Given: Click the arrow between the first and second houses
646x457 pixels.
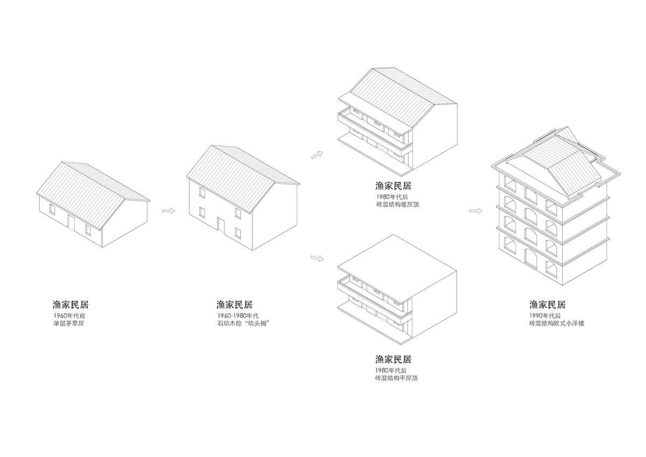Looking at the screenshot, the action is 168,211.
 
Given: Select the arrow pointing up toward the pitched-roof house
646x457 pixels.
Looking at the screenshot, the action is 317,155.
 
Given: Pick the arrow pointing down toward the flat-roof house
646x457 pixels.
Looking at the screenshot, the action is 317,258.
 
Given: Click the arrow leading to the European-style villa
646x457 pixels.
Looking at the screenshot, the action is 475,211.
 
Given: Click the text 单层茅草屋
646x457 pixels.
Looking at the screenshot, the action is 68,323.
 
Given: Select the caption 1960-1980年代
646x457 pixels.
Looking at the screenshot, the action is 238,315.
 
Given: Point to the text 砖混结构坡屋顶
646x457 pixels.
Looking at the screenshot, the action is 397,205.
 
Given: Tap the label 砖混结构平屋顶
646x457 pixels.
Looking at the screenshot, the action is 397,378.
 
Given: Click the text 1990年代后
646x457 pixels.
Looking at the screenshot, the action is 545,315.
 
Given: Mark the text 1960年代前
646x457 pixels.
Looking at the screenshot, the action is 69,315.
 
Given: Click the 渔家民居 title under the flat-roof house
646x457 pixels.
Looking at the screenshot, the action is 393,359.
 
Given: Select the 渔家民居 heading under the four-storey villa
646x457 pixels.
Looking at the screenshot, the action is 547,305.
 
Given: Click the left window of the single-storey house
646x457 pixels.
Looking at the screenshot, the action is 52,209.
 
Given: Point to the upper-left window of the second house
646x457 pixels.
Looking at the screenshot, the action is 202,193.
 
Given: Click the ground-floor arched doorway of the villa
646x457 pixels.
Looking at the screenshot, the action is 531,257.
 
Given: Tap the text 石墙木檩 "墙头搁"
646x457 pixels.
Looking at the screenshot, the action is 243,323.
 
